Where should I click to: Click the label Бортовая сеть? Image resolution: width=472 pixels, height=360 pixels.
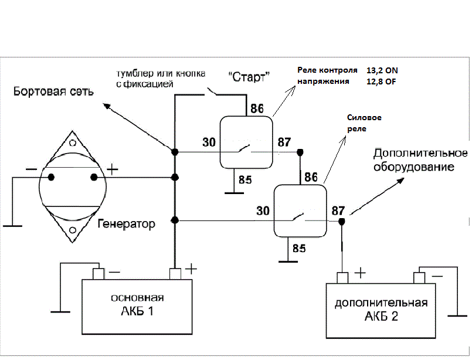(53, 91)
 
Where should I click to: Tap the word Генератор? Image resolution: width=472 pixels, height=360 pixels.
(127, 224)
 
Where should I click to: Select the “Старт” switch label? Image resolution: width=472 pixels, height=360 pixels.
(249, 77)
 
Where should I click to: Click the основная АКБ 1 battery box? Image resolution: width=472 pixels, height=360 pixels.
(137, 307)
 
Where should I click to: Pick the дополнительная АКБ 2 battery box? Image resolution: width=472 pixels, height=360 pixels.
(381, 311)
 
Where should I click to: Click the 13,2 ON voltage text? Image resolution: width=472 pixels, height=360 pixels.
(382, 70)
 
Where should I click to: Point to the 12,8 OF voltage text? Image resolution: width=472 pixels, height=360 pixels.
(381, 81)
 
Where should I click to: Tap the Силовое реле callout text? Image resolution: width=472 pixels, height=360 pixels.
(364, 123)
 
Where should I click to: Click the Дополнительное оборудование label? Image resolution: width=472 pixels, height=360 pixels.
(420, 160)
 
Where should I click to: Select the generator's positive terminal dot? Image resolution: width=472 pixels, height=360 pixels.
(94, 177)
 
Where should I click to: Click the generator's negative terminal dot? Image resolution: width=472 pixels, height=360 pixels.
(51, 177)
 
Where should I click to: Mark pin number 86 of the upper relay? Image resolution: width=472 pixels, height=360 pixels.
(257, 108)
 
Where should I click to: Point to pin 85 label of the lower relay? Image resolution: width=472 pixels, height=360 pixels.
(299, 249)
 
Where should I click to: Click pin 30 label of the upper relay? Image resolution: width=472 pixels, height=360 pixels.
(209, 142)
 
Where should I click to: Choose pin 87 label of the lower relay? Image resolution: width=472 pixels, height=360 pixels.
(338, 210)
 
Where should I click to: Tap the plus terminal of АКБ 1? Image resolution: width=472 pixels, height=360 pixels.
(175, 274)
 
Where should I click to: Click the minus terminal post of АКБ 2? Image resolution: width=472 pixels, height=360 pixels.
(419, 278)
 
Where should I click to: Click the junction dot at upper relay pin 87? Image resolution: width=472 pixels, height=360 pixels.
(300, 152)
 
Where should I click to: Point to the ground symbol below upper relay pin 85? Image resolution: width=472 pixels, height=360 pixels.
(234, 193)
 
